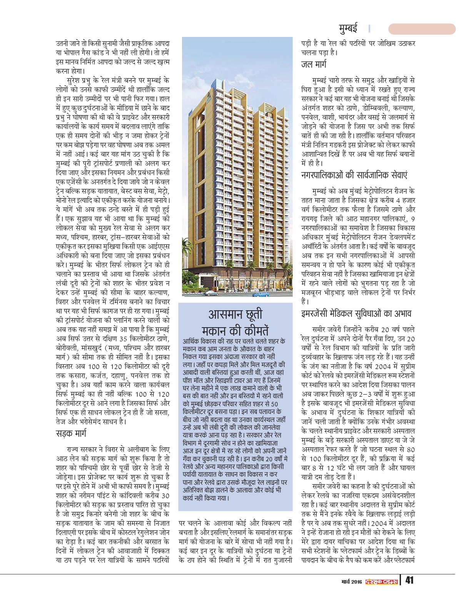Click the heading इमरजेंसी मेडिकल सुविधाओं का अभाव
point(357,313)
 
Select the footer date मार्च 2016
point(352,581)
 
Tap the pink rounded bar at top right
point(422,29)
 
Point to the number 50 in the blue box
point(274,403)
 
